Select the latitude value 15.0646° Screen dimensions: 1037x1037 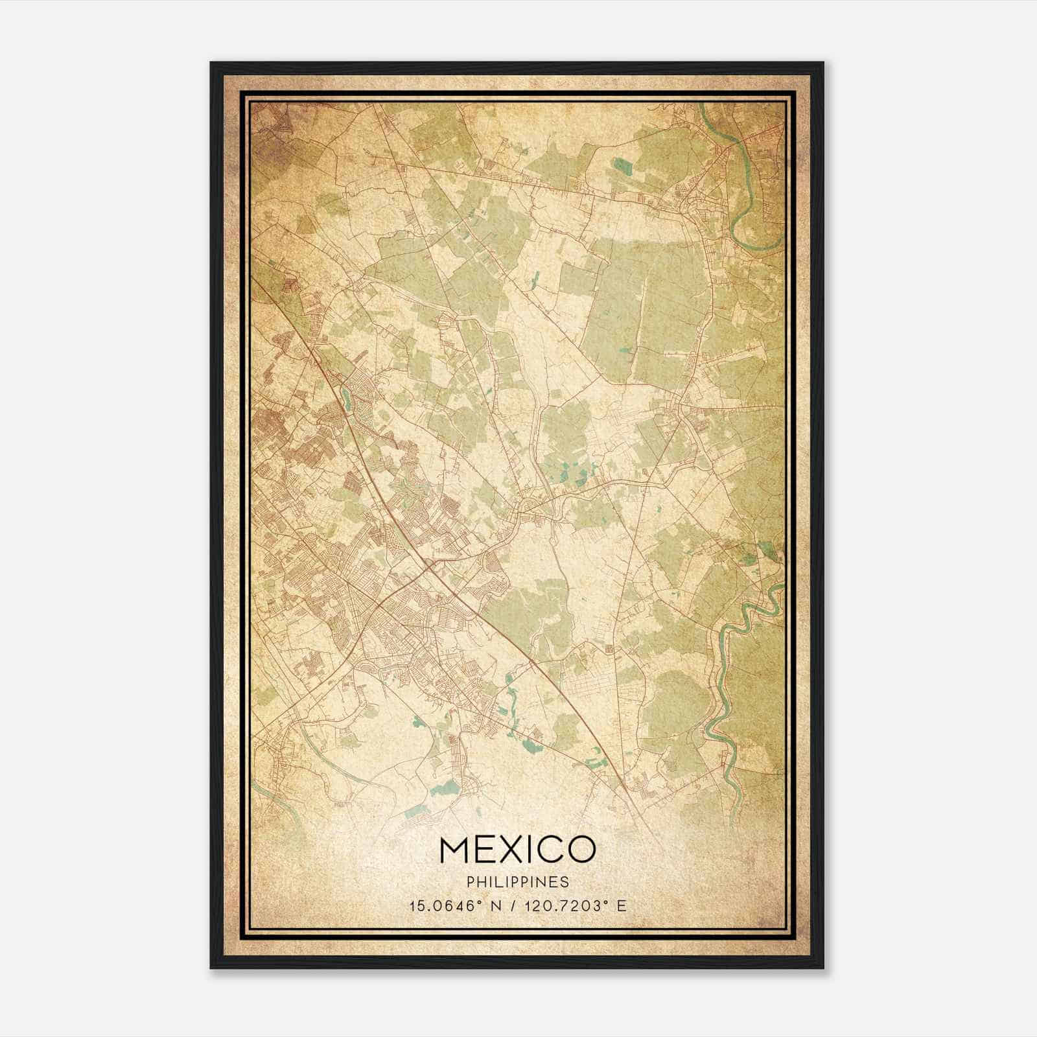pyautogui.click(x=445, y=905)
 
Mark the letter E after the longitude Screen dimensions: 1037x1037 pyautogui.click(x=622, y=905)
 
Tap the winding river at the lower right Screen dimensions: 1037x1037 pyautogui.click(x=726, y=681)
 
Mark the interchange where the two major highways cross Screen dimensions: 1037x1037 pyautogui.click(x=428, y=568)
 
